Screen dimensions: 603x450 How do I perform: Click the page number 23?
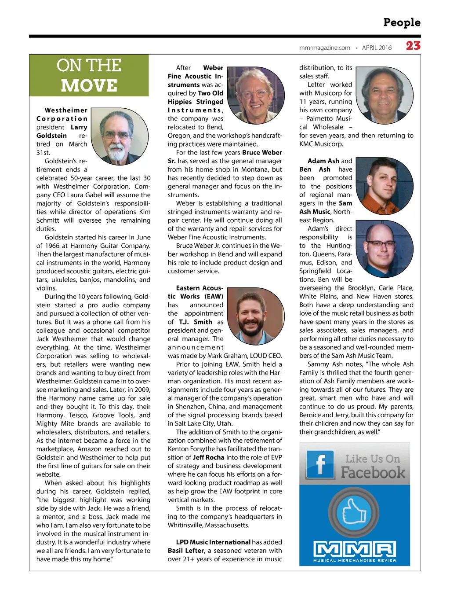[x=413, y=46]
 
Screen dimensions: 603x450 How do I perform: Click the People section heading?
[x=402, y=22]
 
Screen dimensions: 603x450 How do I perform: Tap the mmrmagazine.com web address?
[x=325, y=48]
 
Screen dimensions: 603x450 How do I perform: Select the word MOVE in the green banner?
[x=89, y=85]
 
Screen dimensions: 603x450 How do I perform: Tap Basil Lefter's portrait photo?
[x=384, y=95]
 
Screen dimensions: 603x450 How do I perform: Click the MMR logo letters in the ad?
[x=355, y=549]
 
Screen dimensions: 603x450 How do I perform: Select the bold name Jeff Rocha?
[x=208, y=457]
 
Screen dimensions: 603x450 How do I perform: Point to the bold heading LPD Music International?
[x=213, y=542]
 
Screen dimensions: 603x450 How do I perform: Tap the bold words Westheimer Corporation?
[x=62, y=114]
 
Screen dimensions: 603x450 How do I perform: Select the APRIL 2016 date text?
[x=377, y=48]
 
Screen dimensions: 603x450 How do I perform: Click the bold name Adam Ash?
[x=323, y=161]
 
